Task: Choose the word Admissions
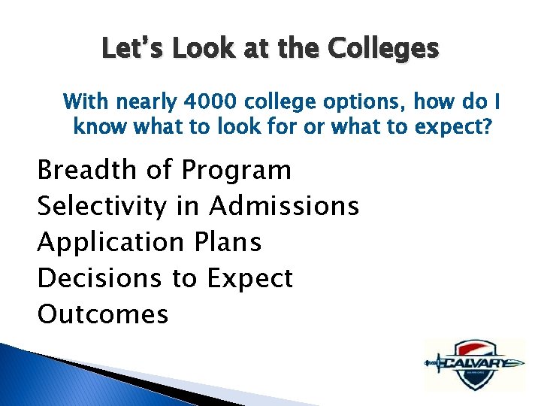(x=283, y=206)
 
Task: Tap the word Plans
(x=226, y=242)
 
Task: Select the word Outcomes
(x=102, y=314)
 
